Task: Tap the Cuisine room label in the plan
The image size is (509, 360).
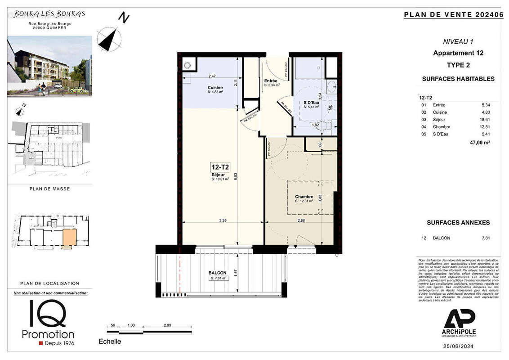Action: pos(215,88)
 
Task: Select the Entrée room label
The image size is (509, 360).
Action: pos(271,81)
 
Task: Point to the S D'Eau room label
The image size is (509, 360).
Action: pos(312,103)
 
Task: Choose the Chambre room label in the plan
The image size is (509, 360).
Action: pos(304,197)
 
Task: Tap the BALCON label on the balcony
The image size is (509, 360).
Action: pos(217,273)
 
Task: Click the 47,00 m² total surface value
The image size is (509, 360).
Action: pos(480,142)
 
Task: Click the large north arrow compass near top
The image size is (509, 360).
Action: pos(109,38)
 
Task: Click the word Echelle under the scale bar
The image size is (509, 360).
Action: pos(110,342)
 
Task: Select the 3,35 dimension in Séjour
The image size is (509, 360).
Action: pos(223,220)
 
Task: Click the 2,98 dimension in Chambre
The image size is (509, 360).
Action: pos(302,220)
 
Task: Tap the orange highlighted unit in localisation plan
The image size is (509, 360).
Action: pos(69,236)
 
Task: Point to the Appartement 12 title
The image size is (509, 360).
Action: pos(458,53)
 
